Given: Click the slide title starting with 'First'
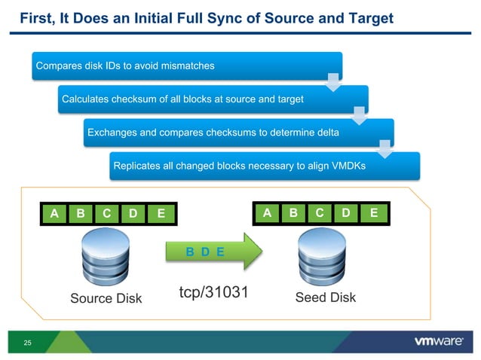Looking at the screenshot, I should [206, 17].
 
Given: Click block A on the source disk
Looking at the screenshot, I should [54, 214].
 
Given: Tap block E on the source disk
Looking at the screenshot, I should [160, 214].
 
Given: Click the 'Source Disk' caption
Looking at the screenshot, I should [106, 298].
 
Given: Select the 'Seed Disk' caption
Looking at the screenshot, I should [326, 297].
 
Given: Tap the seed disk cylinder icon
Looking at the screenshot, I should [325, 255].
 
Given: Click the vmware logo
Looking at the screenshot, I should [439, 341].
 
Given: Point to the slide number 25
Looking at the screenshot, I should [28, 344].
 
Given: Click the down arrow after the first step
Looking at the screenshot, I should [332, 81].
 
